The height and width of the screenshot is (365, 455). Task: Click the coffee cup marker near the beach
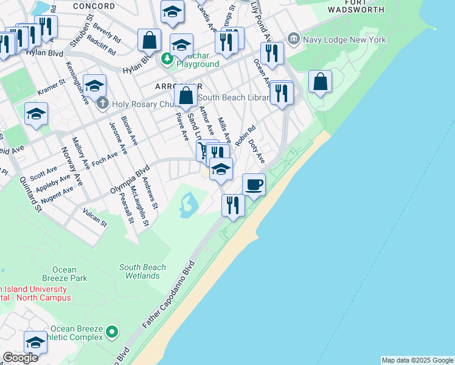coord(254,184)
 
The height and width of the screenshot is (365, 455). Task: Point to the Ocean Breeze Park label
coord(69,274)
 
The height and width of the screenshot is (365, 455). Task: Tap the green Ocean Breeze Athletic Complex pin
coord(111,332)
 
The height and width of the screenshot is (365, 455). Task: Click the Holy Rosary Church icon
coord(102,103)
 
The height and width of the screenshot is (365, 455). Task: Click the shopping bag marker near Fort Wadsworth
coord(320,82)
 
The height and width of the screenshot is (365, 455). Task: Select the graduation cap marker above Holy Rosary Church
coord(94,86)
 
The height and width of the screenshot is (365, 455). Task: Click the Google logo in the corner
coord(20,358)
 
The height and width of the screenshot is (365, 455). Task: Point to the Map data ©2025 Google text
coord(417,360)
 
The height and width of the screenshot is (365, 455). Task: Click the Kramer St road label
coord(51,87)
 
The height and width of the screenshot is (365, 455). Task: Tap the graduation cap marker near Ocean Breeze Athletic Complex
coord(35,342)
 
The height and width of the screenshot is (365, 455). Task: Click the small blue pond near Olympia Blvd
coord(187,205)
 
